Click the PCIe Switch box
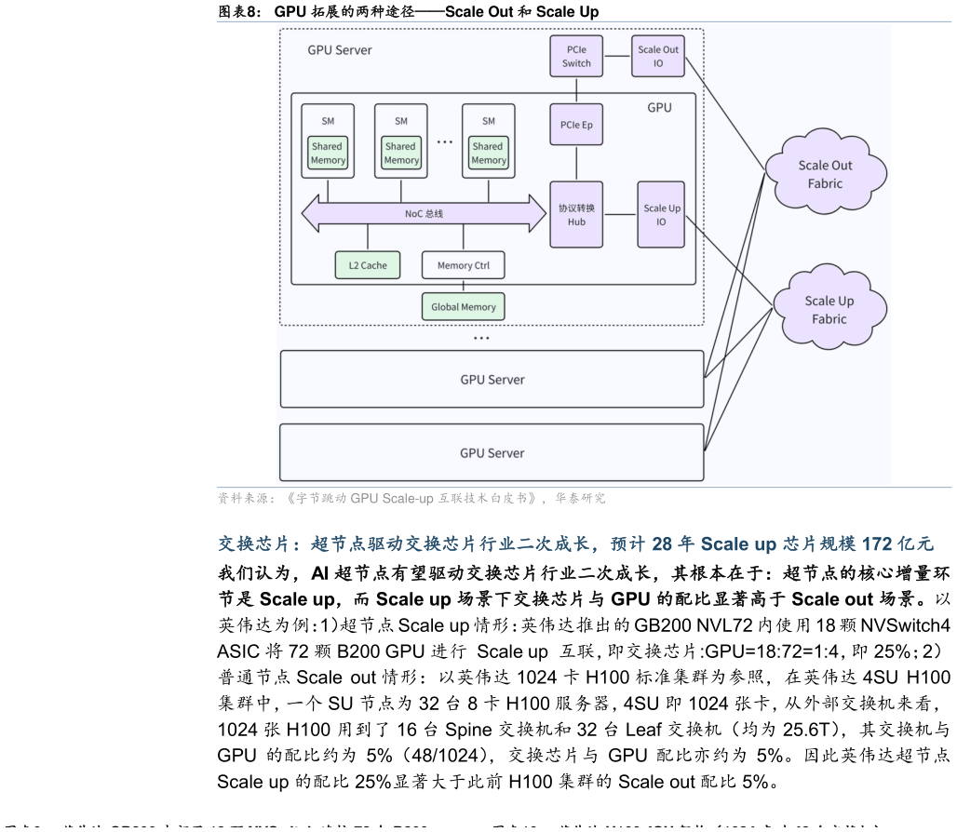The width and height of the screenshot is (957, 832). (x=576, y=56)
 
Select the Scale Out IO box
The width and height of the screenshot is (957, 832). (x=658, y=56)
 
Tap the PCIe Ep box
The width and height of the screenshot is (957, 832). (x=576, y=125)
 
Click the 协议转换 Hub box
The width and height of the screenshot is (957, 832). (x=576, y=214)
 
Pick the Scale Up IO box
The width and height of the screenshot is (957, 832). (x=661, y=214)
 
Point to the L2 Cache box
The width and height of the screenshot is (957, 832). (x=368, y=265)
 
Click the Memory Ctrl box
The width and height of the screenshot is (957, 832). (x=463, y=265)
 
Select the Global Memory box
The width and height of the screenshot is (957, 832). (x=464, y=306)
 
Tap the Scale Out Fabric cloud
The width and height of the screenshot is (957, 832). (x=825, y=174)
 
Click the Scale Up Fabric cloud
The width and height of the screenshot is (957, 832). (x=829, y=309)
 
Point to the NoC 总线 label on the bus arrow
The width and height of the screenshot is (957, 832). (x=424, y=214)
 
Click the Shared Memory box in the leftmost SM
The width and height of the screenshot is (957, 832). (x=328, y=153)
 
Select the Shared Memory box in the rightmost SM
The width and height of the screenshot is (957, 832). (x=488, y=153)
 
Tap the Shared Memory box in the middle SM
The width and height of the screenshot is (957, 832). (x=401, y=153)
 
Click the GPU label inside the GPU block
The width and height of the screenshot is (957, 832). (x=659, y=108)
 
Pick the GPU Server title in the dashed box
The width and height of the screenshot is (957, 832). (x=340, y=50)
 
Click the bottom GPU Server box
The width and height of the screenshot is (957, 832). (x=492, y=452)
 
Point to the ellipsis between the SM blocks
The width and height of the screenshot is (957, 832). (x=445, y=142)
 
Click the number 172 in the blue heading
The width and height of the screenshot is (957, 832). (x=877, y=543)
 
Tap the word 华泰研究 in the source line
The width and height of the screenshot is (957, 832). (x=580, y=499)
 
